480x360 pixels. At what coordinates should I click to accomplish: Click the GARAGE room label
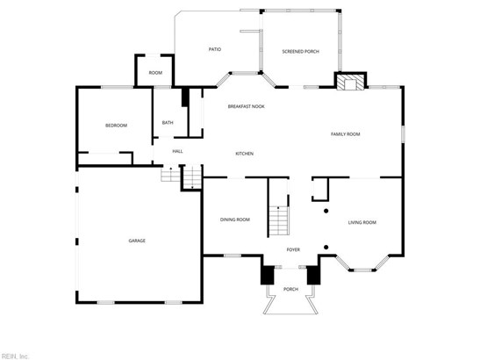coord(137,241)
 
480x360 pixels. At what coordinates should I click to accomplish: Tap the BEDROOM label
coord(116,126)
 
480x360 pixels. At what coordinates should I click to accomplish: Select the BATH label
coord(168,123)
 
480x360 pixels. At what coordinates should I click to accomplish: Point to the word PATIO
coord(215,49)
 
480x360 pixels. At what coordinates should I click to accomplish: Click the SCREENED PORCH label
coord(301,52)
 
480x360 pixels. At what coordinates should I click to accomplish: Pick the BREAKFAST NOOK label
coord(246,106)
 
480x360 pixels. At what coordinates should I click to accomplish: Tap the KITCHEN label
coord(244,154)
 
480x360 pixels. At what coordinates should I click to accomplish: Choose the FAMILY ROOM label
coord(346,133)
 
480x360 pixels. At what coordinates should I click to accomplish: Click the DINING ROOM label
coord(235,220)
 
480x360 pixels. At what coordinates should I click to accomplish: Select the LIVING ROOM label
coord(362,222)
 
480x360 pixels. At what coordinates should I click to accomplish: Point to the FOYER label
coord(293,249)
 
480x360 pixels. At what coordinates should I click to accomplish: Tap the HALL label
coord(177,151)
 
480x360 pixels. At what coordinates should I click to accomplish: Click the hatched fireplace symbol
coord(350,83)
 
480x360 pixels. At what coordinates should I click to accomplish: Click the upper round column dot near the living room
coord(326,211)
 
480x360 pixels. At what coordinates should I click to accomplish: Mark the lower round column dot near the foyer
coord(326,248)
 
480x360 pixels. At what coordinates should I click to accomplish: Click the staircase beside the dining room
coord(279,220)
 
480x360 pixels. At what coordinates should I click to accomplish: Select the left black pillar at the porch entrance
coord(268,275)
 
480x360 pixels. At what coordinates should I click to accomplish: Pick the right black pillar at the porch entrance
coord(313,275)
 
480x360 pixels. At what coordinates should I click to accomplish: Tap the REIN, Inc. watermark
coord(14,356)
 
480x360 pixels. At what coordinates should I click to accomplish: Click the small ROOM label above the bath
coord(155,73)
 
